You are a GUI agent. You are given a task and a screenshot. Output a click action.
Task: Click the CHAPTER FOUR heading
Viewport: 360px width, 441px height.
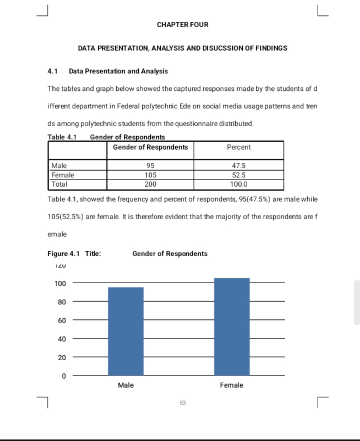[x=182, y=25]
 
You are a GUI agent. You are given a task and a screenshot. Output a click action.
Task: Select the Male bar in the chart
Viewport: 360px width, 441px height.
[x=126, y=331]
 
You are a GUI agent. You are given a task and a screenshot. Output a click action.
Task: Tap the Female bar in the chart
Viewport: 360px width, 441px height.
[x=232, y=326]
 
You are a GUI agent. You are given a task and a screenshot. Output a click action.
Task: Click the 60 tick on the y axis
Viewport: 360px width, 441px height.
[x=62, y=320]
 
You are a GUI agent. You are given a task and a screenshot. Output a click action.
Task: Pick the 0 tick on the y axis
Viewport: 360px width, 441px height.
[x=63, y=376]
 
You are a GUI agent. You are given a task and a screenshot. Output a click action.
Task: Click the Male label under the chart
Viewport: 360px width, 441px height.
[x=126, y=385]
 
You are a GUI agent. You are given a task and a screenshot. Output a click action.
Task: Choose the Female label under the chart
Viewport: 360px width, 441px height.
[x=232, y=385]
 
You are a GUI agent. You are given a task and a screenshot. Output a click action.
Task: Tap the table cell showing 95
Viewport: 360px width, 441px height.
[x=150, y=166]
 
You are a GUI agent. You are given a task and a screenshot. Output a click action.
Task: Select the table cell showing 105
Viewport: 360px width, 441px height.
[x=150, y=175]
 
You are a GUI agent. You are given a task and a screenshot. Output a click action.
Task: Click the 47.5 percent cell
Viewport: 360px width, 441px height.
[x=238, y=166]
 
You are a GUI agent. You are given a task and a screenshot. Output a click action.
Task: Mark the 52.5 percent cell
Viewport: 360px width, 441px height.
[x=238, y=175]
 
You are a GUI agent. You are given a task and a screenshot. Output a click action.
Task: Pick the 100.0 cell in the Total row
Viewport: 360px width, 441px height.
[x=238, y=184]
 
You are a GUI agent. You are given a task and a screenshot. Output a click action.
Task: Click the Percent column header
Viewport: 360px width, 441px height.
[x=238, y=148]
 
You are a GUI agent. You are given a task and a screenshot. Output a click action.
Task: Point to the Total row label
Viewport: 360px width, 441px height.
[x=59, y=184]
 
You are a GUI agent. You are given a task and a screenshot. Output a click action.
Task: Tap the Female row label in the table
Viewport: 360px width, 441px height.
[x=62, y=175]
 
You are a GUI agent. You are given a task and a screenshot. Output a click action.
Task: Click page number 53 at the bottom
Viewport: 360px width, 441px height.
[x=182, y=404]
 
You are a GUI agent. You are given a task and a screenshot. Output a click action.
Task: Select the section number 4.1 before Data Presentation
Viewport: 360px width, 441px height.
[x=53, y=72]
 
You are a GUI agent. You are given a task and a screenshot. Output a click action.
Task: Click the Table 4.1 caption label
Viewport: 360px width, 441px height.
[x=62, y=137]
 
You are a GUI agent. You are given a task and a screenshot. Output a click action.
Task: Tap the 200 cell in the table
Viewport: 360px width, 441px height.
[x=150, y=184]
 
